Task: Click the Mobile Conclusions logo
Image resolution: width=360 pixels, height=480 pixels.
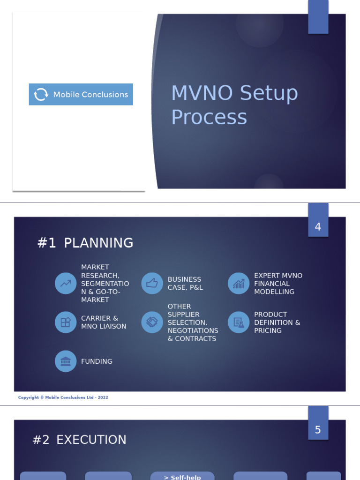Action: click(81, 94)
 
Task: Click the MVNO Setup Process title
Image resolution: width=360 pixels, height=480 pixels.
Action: click(234, 105)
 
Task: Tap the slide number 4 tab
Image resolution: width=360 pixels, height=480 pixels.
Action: click(318, 227)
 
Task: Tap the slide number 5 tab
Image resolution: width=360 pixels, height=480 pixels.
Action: click(318, 429)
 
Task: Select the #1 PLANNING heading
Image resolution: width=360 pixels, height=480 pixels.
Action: click(85, 243)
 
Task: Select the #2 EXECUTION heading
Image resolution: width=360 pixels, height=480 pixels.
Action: click(79, 440)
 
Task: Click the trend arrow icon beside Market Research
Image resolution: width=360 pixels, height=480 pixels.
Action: click(66, 283)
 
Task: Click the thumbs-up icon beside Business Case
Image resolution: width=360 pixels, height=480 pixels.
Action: click(152, 283)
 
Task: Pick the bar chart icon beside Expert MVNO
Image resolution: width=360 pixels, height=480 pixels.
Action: click(239, 283)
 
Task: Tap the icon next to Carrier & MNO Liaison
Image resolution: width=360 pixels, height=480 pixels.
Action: click(66, 322)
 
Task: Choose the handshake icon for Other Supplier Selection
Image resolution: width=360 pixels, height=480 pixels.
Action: click(152, 322)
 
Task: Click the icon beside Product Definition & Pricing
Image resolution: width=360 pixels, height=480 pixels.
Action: click(239, 322)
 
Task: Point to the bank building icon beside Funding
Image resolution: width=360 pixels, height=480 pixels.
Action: click(66, 361)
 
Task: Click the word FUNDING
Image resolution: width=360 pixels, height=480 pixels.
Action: click(97, 361)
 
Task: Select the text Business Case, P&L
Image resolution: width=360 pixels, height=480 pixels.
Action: click(185, 283)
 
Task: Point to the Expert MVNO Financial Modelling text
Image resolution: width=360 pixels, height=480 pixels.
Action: click(278, 283)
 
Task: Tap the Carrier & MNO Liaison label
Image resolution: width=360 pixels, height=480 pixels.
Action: click(104, 322)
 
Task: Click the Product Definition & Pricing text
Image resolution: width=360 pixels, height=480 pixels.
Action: click(277, 322)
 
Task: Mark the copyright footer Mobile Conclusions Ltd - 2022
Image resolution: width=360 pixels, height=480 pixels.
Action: click(63, 397)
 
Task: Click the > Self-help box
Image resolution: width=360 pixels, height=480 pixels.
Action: click(182, 476)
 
